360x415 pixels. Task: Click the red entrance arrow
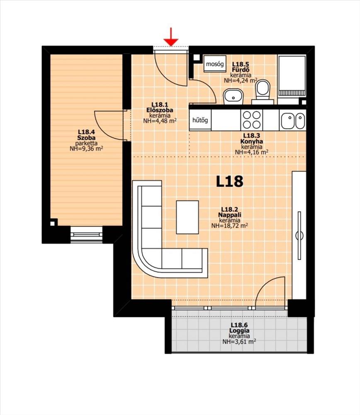click(x=171, y=37)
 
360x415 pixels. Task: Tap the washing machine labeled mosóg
click(x=215, y=64)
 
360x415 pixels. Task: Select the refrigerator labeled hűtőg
click(x=200, y=120)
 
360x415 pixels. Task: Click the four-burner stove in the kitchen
click(x=252, y=120)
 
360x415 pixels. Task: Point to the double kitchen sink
click(x=292, y=120)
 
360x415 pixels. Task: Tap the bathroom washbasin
click(x=234, y=97)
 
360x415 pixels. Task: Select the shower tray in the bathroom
click(x=292, y=76)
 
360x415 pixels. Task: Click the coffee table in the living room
click(x=187, y=217)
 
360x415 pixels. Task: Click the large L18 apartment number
click(x=230, y=181)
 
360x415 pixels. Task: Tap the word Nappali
click(x=230, y=215)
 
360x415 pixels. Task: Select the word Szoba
click(x=86, y=138)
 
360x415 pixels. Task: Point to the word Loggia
click(x=239, y=331)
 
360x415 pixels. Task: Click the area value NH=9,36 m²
click(x=86, y=149)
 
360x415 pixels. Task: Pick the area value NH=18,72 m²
click(x=230, y=225)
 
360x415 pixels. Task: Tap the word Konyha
click(x=252, y=142)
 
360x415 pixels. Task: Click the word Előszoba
click(x=160, y=110)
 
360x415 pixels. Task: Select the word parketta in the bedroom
click(x=86, y=143)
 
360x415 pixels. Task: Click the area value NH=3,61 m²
click(x=239, y=342)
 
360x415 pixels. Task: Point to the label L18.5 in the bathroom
click(x=241, y=64)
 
